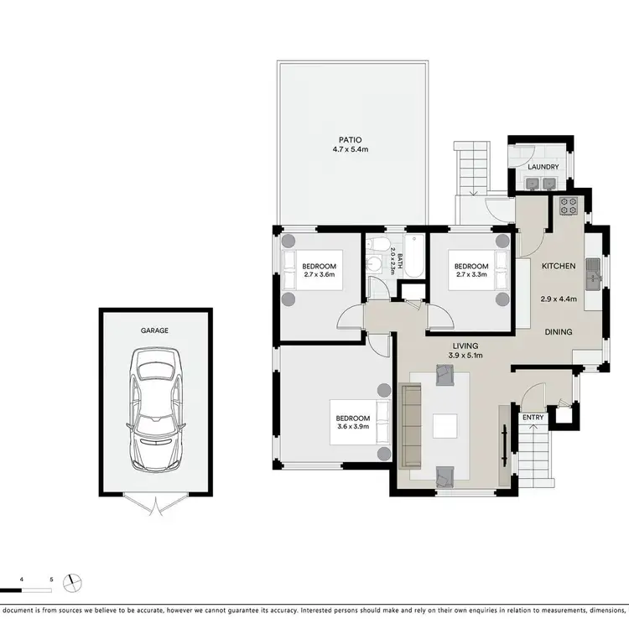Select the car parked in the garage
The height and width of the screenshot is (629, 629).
pos(154,412)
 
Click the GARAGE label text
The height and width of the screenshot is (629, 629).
pos(154,330)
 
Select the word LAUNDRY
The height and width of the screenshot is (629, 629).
pos(543,167)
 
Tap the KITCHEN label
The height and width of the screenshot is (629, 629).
pos(559,266)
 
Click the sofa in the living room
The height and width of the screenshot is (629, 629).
pos(412,426)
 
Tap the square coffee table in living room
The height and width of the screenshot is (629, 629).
pos(445,426)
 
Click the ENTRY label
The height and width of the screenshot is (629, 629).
pos(533,417)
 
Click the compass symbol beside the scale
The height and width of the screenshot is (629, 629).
pos(75,581)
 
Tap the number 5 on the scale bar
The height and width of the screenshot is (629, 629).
pos(52,580)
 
